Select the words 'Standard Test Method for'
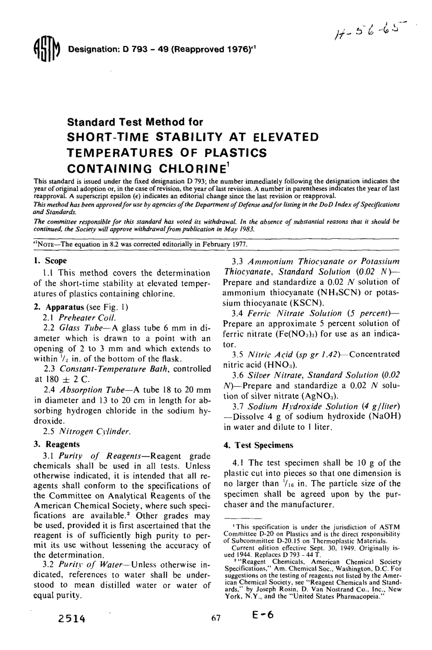pyautogui.click(x=135, y=122)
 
